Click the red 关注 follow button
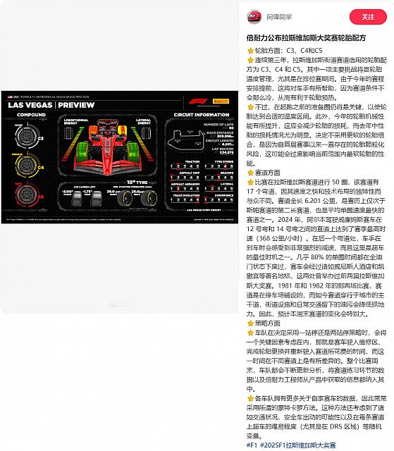(x=368, y=16)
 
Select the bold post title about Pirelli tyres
(x=305, y=37)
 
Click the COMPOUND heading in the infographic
(x=31, y=115)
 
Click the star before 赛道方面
(x=250, y=171)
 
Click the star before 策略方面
(x=250, y=321)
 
